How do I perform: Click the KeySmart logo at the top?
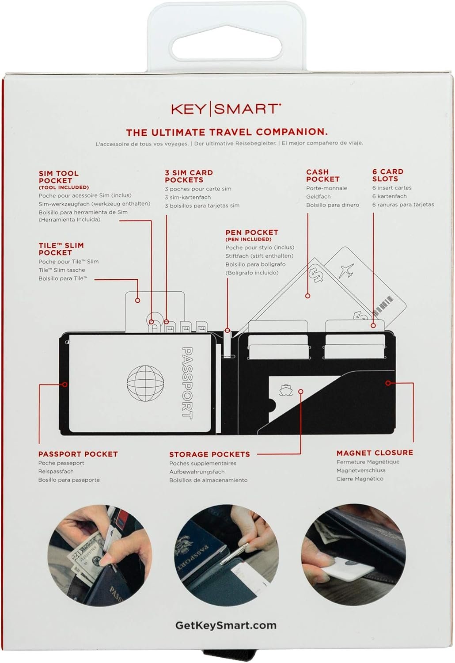[226, 109]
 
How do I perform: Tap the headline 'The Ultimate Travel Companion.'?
[227, 132]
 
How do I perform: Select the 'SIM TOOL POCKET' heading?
[59, 177]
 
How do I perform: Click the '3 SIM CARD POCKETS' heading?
[189, 176]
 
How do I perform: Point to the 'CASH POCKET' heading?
[323, 175]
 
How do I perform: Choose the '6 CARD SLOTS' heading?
[387, 175]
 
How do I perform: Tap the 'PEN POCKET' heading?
[252, 232]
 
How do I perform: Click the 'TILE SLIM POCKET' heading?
[61, 249]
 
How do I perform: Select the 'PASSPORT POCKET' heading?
[78, 454]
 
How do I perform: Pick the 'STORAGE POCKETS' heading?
[209, 454]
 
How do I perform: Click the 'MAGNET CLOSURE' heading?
[375, 453]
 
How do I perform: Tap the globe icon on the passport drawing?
[145, 383]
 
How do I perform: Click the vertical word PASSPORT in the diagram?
[187, 383]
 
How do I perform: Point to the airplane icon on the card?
[346, 270]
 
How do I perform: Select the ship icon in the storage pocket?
[285, 390]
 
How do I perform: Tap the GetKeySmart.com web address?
[226, 625]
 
